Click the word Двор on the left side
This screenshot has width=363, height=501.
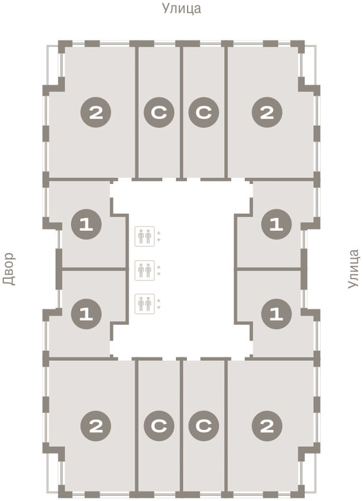click(9, 269)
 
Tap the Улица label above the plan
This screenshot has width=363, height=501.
click(182, 8)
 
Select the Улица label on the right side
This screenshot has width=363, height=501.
click(353, 269)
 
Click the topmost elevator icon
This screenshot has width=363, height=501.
click(145, 236)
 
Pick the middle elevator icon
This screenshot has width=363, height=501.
click(145, 270)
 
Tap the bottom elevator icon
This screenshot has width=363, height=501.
click(145, 304)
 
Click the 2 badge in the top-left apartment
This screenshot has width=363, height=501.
click(96, 112)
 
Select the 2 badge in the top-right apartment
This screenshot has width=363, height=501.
click(267, 112)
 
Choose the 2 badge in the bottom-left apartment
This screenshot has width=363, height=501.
click(96, 426)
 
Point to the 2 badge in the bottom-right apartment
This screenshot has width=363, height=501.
click(267, 426)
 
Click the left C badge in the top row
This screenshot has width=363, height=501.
click(159, 112)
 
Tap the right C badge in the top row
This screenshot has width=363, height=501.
click(204, 112)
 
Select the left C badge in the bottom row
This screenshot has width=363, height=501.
click(159, 426)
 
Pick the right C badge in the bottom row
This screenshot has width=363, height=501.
click(204, 426)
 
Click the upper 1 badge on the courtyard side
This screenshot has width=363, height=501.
click(86, 224)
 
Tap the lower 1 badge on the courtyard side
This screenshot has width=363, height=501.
click(86, 314)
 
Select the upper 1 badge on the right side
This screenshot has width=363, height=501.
click(276, 224)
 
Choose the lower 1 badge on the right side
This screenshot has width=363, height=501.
click(276, 314)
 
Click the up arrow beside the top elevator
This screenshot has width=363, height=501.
click(158, 233)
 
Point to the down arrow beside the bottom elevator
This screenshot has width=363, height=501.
click(158, 307)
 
